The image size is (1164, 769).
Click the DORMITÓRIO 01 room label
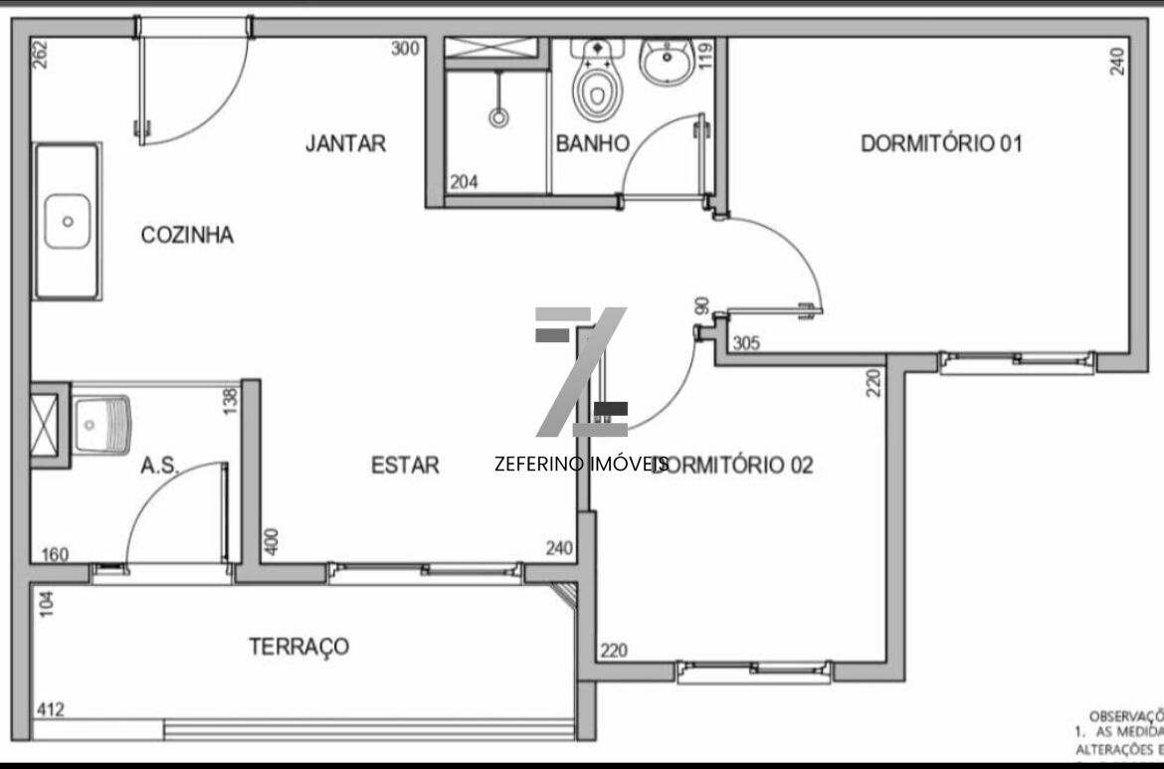[x=941, y=144]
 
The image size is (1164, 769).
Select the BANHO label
[x=592, y=144]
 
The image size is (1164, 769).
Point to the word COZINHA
[x=187, y=236]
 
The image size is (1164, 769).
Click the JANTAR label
[x=345, y=144]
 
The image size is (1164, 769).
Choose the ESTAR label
[x=405, y=465]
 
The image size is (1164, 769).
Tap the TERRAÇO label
[x=298, y=647]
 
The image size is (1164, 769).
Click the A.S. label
[x=159, y=465]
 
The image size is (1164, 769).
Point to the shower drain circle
[x=497, y=118]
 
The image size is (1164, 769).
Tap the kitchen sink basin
[x=68, y=221]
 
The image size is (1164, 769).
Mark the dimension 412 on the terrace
[x=52, y=710]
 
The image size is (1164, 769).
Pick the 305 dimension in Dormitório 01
[x=746, y=344]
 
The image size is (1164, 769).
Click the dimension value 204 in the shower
[x=465, y=182]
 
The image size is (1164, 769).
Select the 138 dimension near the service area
[x=232, y=401]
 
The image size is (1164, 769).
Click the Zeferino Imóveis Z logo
[x=582, y=373]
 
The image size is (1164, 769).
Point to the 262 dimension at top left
[x=40, y=53]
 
